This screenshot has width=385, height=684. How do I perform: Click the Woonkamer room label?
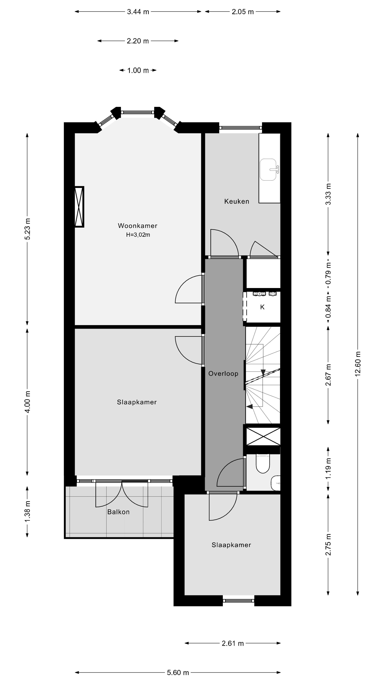pos(137,226)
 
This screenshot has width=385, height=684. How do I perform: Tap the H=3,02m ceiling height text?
pos(138,235)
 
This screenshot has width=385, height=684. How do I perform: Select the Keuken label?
pos(237,201)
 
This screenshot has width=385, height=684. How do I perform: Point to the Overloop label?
pos(223,374)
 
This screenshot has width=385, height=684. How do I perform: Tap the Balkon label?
pos(118,512)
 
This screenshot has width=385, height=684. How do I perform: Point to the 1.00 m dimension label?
pos(138,70)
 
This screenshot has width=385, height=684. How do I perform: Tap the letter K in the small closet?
pos(262,307)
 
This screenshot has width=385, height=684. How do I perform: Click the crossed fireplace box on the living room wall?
pos(79,207)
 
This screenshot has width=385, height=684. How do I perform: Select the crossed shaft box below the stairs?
pos(263,437)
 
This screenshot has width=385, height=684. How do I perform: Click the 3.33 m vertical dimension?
pos(328,194)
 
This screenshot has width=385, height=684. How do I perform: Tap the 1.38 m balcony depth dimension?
pos(27,511)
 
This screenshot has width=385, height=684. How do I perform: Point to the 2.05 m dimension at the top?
pos(242,12)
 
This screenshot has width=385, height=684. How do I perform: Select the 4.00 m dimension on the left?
pos(27,401)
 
